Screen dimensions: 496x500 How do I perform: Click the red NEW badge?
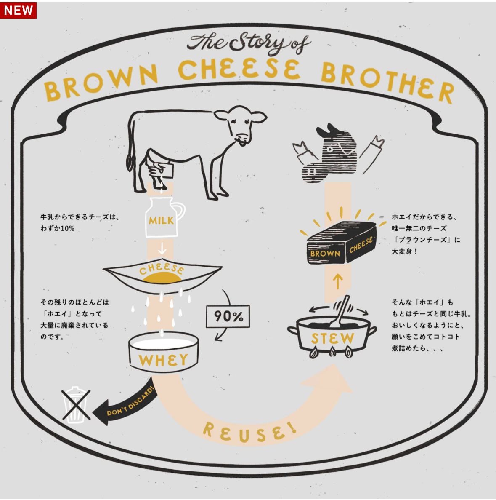click(x=18, y=10)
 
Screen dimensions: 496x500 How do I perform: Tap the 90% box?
click(x=228, y=316)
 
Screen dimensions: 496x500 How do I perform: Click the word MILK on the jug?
click(x=161, y=220)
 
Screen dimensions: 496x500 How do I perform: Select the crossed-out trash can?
click(x=76, y=404)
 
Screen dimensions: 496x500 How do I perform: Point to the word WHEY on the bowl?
click(x=163, y=360)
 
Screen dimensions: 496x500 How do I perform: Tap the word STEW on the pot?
click(x=333, y=338)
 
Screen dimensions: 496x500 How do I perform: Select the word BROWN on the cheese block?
click(x=325, y=254)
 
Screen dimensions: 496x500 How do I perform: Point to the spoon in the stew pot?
click(x=340, y=313)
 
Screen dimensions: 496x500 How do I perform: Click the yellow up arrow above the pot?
click(x=338, y=281)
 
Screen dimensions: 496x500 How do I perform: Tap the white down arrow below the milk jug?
click(x=162, y=248)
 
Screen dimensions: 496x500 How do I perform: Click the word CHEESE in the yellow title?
click(x=239, y=69)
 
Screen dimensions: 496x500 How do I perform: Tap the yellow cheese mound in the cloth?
click(x=162, y=278)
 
